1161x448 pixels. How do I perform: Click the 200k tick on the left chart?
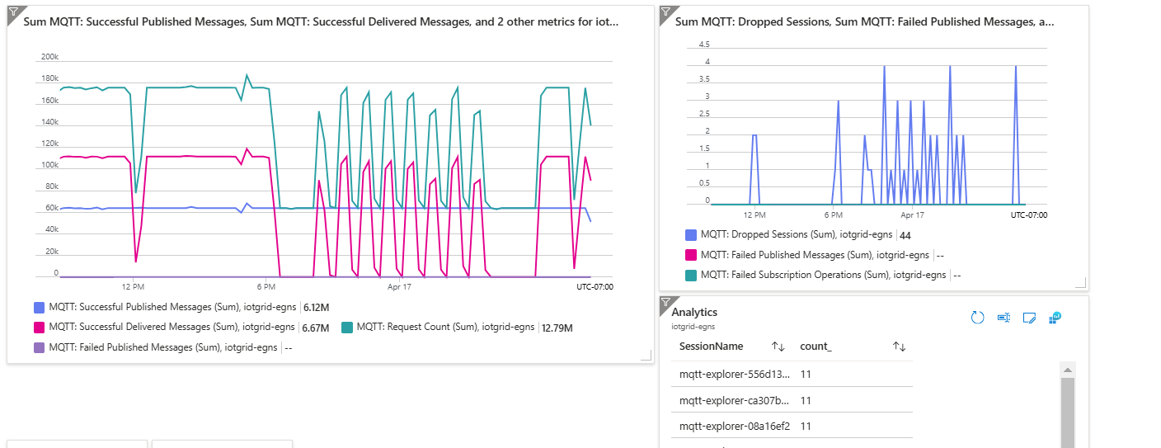coord(49,57)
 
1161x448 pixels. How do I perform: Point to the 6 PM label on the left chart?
coord(266,287)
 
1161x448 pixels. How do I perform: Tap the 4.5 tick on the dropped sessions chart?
coord(703,44)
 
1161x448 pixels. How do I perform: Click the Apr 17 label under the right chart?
coord(912,215)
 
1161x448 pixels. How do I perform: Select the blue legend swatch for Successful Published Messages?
coord(40,307)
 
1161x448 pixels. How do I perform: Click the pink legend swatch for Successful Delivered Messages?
coord(40,328)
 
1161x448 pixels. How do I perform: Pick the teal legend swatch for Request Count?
coord(347,328)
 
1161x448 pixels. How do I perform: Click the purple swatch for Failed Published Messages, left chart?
coord(40,347)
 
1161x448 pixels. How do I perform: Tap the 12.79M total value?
coord(557,328)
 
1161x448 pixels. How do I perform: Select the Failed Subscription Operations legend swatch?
coord(691,275)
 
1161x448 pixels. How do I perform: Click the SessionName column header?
coord(711,347)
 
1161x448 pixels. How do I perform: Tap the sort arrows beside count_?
coord(900,347)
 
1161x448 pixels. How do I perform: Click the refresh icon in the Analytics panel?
coord(978,318)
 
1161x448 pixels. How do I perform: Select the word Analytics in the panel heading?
coord(694,312)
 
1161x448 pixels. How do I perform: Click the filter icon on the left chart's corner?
coord(13,11)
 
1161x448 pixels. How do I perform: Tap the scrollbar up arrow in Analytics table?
coord(1067,370)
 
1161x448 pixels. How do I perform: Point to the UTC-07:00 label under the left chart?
coord(595,287)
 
